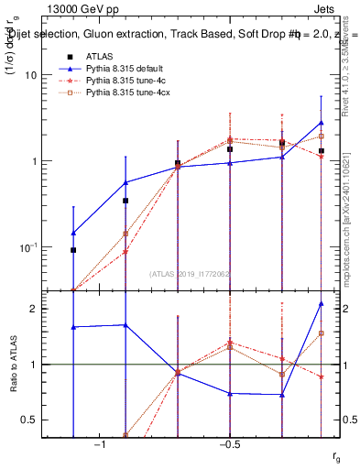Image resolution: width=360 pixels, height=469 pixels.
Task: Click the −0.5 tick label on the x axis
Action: (x=229, y=445)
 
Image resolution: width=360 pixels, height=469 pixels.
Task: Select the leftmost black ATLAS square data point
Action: (x=73, y=250)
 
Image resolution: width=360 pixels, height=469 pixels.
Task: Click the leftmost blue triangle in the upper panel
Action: (x=73, y=233)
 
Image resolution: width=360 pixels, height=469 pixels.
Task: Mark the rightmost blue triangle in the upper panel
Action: (x=321, y=123)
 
